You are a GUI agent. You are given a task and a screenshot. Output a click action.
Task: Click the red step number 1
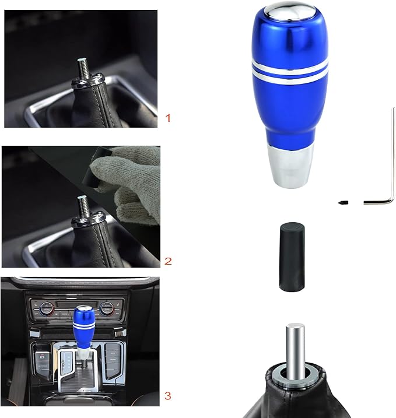pos(169,118)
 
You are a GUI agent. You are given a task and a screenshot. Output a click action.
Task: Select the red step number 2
pos(169,261)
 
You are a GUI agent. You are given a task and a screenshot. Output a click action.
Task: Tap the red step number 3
pos(169,396)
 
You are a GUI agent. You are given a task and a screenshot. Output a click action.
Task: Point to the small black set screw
pos(343,202)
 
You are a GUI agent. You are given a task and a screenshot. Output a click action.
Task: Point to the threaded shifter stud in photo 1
pos(83,69)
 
